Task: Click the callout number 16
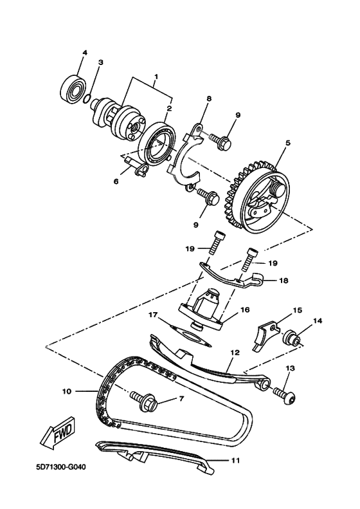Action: click(244, 309)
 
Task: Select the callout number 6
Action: click(116, 182)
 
